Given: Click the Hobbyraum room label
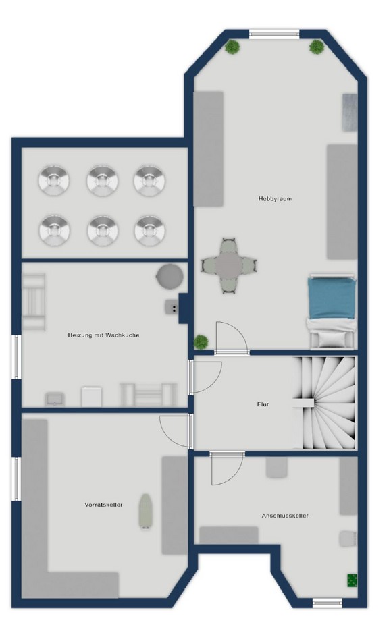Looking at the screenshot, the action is (275, 198).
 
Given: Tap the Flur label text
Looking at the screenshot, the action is (263, 404).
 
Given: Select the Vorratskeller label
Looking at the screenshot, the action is (103, 505).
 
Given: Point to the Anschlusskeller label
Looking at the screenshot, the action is (285, 516).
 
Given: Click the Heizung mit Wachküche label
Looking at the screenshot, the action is (103, 335).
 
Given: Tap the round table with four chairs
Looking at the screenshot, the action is (229, 266).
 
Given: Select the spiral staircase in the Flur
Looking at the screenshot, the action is (324, 403).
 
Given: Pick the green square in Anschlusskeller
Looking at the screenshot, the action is (353, 580).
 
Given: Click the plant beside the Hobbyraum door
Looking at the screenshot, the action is (201, 342).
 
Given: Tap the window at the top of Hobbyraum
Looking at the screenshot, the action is (274, 34).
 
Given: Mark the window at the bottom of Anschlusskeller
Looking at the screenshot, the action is (327, 603).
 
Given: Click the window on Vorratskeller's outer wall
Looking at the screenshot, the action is (16, 479).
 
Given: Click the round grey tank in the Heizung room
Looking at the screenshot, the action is (170, 276).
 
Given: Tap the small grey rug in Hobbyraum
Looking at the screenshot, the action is (350, 112).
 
